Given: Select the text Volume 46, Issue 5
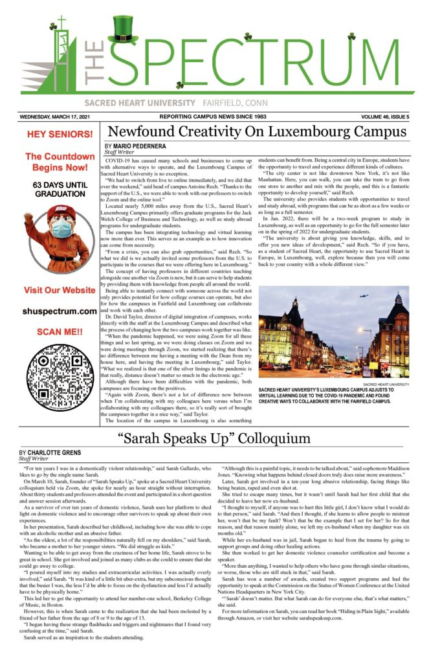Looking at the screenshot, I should click(x=378, y=117).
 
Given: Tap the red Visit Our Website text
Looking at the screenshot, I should click(x=60, y=290).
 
